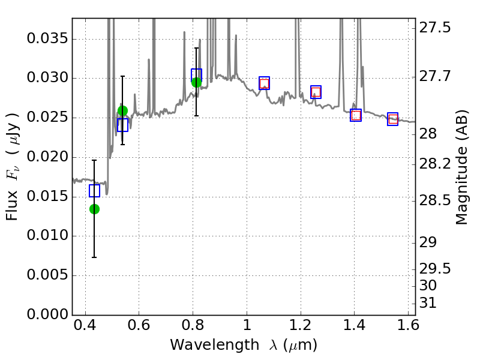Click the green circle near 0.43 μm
[x=94, y=209]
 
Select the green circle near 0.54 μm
[x=122, y=110]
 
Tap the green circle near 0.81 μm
[x=196, y=82]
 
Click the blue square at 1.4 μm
[x=356, y=115]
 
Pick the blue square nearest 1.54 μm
[x=393, y=119]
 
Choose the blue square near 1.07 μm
[x=264, y=83]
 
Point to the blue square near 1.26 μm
[x=316, y=92]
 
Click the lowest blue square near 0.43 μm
[x=94, y=191]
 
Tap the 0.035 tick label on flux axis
[x=47, y=40]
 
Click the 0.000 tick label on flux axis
[x=47, y=315]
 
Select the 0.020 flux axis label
[x=47, y=158]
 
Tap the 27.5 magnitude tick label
[x=437, y=28]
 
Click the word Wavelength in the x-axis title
[x=205, y=346]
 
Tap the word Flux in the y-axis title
[x=13, y=206]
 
